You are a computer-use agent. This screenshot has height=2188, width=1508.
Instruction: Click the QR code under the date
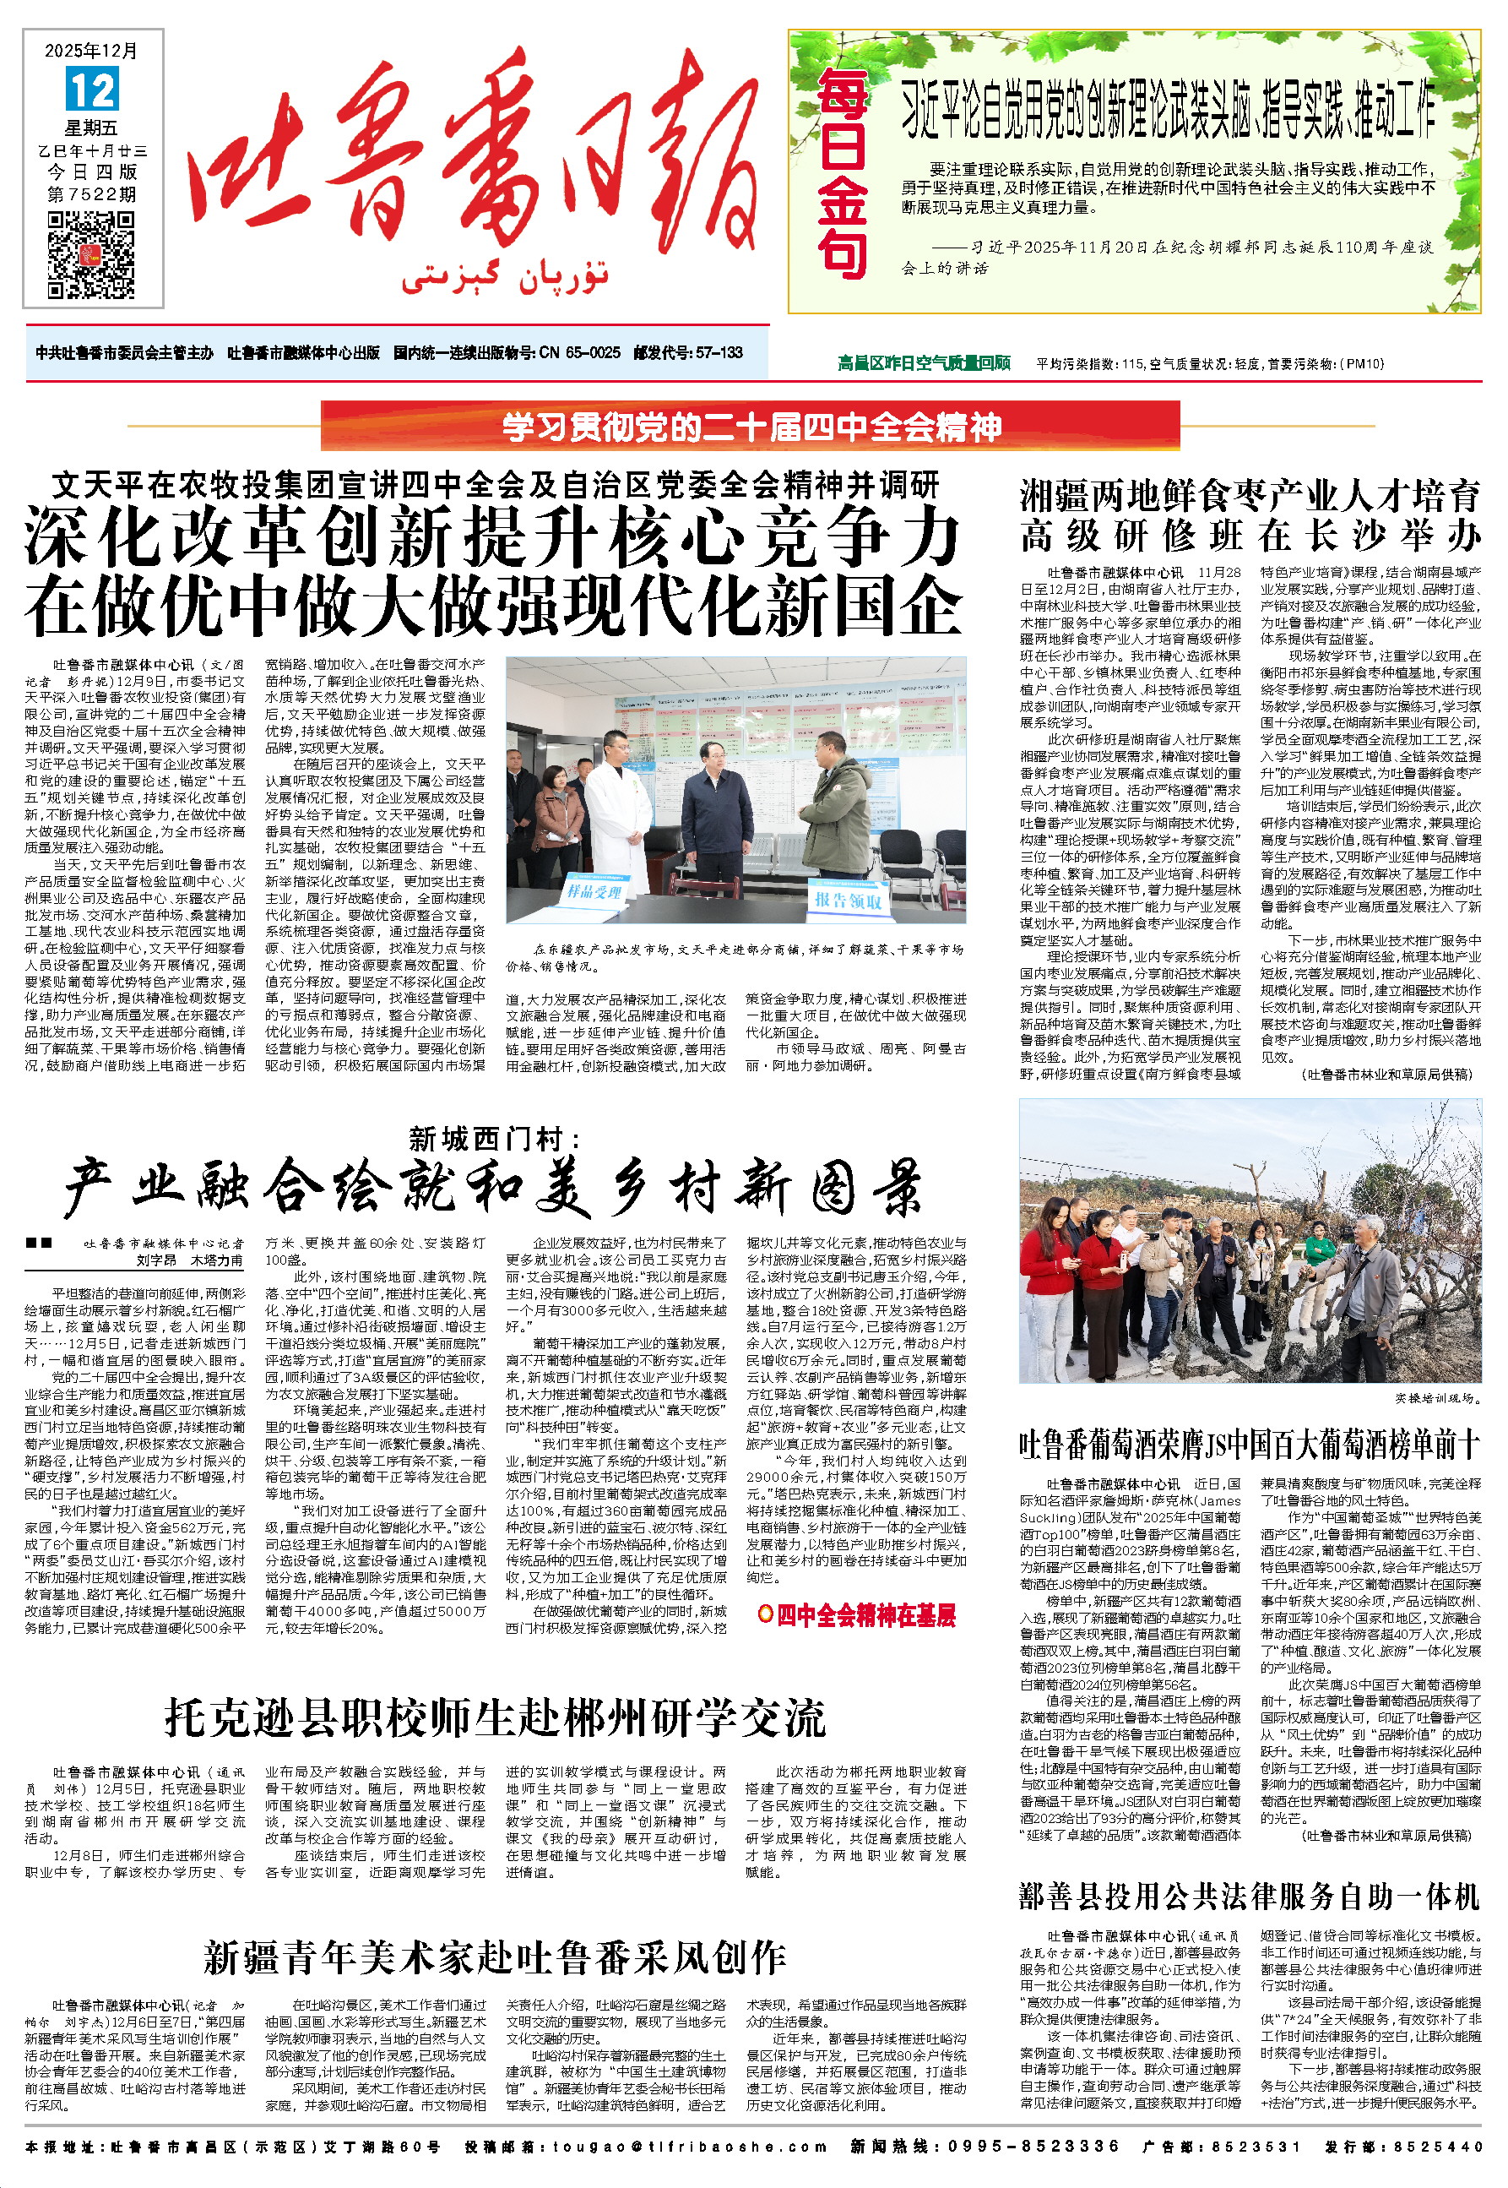pos(92,255)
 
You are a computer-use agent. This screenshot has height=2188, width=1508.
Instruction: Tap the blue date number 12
pos(93,90)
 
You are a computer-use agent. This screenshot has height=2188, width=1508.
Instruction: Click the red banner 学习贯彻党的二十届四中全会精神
pos(751,427)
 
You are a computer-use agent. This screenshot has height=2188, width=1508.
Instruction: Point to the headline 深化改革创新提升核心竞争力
pos(492,536)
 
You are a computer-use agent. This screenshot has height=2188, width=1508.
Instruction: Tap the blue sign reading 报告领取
pos(848,900)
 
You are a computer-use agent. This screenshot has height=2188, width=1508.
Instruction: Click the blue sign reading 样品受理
pos(594,890)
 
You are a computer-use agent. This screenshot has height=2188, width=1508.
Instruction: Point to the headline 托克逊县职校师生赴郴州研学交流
pos(496,1717)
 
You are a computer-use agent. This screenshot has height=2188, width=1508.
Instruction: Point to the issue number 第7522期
pos(92,194)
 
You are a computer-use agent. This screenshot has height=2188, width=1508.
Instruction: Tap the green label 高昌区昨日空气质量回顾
pos(923,363)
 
